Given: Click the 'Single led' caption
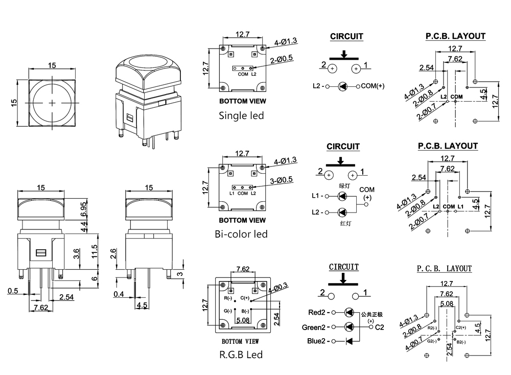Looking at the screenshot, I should (241, 115).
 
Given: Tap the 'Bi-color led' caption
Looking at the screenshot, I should (241, 234).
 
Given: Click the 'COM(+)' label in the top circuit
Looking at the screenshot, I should (373, 86).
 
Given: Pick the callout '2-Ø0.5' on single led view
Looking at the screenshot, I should (281, 58).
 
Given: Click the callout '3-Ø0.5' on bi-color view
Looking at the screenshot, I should (281, 179).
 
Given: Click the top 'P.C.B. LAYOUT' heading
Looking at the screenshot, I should (455, 36).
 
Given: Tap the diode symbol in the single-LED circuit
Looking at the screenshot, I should (343, 86).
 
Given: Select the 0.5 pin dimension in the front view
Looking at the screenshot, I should (13, 291).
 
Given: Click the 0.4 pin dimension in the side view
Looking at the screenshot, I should (119, 294).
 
